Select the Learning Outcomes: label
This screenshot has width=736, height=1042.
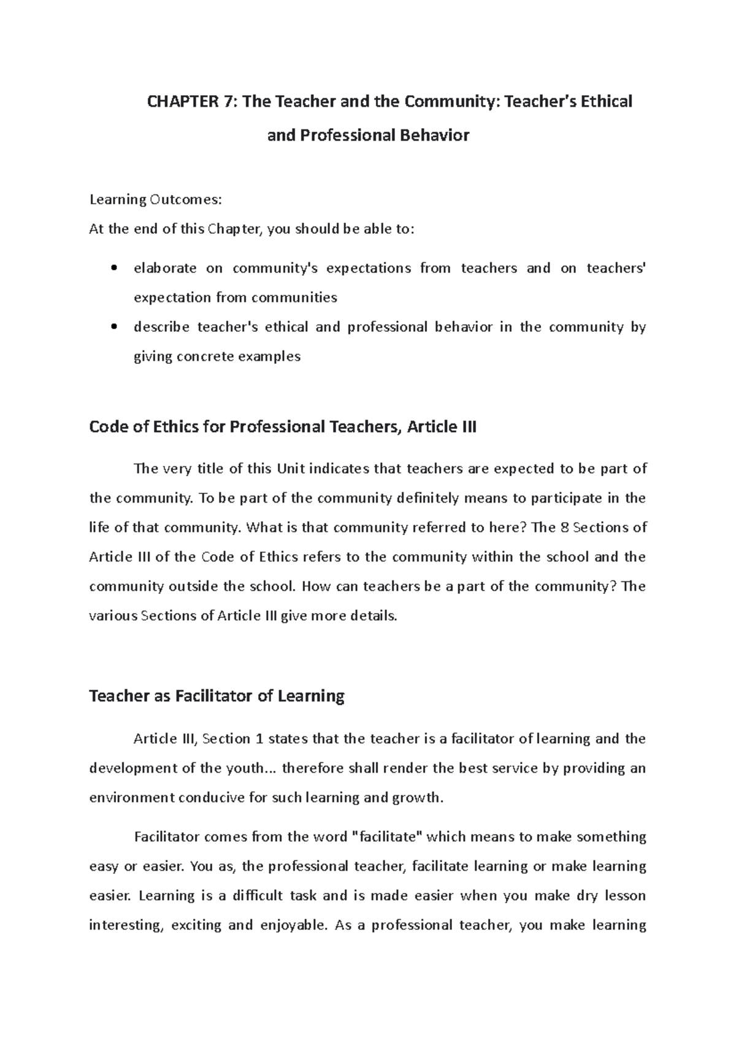(x=155, y=200)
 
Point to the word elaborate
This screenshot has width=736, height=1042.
(x=165, y=268)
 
